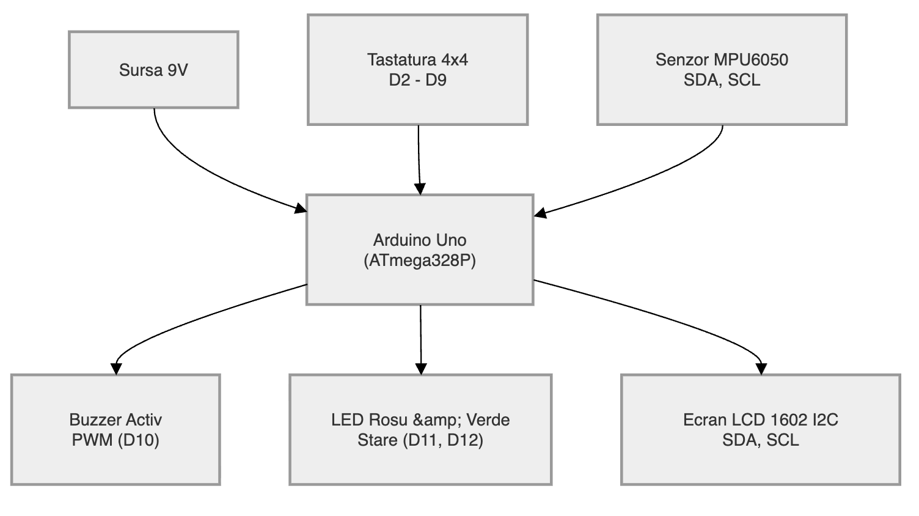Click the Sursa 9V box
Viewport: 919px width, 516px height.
point(153,70)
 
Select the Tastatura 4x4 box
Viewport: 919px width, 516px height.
point(418,70)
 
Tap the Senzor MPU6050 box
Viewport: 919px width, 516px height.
point(722,70)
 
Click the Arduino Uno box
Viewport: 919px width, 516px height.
point(420,250)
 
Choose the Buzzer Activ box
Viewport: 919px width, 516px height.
point(115,430)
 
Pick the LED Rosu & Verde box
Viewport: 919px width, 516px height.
point(420,430)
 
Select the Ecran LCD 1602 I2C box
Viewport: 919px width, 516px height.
point(761,430)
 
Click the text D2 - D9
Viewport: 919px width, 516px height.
point(418,80)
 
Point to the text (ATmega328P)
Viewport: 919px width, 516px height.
point(420,260)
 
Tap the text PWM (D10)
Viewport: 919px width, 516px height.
point(115,440)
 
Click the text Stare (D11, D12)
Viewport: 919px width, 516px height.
point(420,440)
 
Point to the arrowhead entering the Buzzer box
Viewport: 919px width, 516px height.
point(116,369)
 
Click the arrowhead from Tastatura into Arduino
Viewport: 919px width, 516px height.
point(420,189)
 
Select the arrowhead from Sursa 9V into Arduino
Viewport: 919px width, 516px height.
point(301,208)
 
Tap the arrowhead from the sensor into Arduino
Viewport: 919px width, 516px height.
point(540,213)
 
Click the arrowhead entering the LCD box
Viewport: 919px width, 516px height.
point(761,369)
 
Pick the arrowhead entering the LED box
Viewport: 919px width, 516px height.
point(421,369)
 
